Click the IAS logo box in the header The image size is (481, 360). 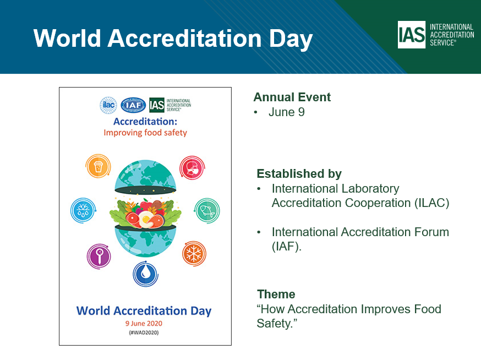pyautogui.click(x=411, y=35)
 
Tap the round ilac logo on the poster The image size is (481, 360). pyautogui.click(x=108, y=105)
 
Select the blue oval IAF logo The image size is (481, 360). pyautogui.click(x=133, y=105)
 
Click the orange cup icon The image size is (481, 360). pyautogui.click(x=98, y=166)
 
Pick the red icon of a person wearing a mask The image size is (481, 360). pyautogui.click(x=192, y=168)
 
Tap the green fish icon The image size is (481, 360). pyautogui.click(x=207, y=210)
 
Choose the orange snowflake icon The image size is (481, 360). pyautogui.click(x=194, y=254)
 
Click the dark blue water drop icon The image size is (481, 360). pyautogui.click(x=145, y=274)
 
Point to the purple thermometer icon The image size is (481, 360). pyautogui.click(x=99, y=257)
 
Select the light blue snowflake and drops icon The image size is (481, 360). pyautogui.click(x=83, y=210)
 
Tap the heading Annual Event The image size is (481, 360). pyautogui.click(x=292, y=97)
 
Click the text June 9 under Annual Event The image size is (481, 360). pyautogui.click(x=287, y=112)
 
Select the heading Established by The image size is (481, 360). pyautogui.click(x=299, y=174)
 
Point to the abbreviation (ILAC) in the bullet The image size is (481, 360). pyautogui.click(x=431, y=203)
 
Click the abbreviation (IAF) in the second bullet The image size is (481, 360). pyautogui.click(x=287, y=247)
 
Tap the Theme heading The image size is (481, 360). pyautogui.click(x=276, y=294)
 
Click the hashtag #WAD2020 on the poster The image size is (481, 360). pyautogui.click(x=144, y=332)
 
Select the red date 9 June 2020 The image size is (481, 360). pyautogui.click(x=144, y=324)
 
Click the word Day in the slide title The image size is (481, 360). pyautogui.click(x=291, y=39)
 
